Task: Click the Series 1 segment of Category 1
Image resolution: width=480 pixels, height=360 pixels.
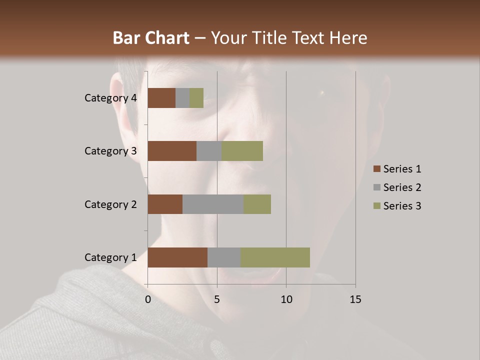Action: coord(177,257)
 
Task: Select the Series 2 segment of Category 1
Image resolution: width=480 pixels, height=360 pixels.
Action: coord(224,257)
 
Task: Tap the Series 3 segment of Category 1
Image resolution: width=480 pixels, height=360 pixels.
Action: coord(275,257)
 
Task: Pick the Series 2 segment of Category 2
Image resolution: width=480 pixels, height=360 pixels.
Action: coord(213,204)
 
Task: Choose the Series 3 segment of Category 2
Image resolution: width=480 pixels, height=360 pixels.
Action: coord(257,204)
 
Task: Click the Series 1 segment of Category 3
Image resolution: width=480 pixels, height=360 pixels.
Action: coord(172,151)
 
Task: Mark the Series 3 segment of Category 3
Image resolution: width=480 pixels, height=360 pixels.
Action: coord(242,151)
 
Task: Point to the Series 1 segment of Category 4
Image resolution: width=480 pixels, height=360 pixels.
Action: coord(161,98)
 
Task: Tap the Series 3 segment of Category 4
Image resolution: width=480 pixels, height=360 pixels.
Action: coord(196,98)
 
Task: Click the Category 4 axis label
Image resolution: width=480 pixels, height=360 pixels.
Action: coord(110,98)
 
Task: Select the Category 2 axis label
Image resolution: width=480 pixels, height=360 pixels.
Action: coord(110,204)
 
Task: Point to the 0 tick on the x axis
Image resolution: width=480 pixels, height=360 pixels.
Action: coord(148,299)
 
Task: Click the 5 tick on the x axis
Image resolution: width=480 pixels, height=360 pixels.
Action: coord(217,299)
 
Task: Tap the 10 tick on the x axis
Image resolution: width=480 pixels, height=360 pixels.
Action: coord(286,299)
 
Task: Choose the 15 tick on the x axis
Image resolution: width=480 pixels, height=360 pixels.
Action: coord(355,299)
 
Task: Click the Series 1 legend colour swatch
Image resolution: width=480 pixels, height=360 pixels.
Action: coord(376,169)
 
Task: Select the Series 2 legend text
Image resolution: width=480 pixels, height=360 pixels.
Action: coord(402,187)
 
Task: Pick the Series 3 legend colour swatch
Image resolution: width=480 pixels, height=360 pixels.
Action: coord(376,206)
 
